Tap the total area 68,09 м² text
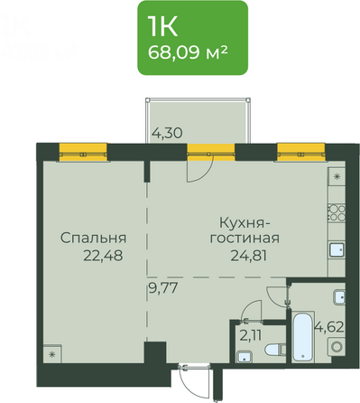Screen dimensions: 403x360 tap(192, 52)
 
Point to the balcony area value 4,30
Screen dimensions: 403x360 tap(167, 133)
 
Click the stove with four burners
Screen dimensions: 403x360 tap(337, 212)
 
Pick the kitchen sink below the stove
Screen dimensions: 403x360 tap(335, 249)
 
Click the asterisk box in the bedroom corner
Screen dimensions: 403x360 tap(51, 353)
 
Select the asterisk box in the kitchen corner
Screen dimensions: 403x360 tap(337, 176)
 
